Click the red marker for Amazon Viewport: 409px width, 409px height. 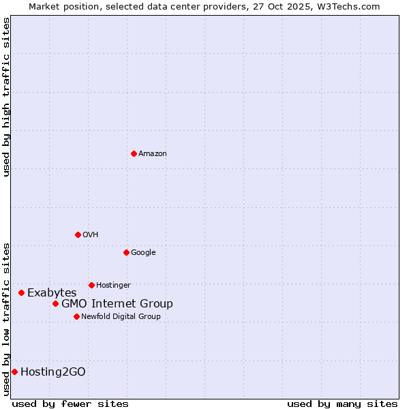coord(134,153)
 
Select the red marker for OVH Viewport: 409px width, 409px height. coord(78,234)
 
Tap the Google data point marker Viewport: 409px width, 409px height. coord(126,252)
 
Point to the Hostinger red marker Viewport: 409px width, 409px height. coord(91,285)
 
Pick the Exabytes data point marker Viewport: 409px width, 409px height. coord(21,292)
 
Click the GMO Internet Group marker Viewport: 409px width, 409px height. coord(55,303)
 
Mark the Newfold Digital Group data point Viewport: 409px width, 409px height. coord(76,316)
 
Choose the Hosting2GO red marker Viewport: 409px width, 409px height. coord(14,372)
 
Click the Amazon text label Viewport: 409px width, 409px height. coord(153,154)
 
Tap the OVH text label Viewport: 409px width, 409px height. coord(91,235)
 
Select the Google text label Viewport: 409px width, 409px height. coord(143,253)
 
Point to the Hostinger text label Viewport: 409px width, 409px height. coord(113,286)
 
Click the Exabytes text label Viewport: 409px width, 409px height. coord(52,293)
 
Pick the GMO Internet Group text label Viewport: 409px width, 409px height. coord(117,304)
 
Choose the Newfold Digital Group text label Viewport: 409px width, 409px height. coord(121,317)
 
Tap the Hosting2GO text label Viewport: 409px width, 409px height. coord(53,372)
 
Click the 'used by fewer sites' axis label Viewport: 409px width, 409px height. coord(71,404)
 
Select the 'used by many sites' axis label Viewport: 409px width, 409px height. coord(342,404)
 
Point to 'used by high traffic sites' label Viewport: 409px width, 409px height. coord(6,97)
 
